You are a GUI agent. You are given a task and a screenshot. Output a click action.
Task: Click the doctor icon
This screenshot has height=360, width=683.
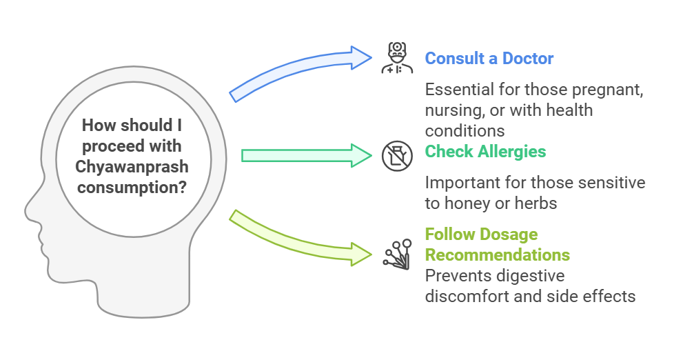pos(397,58)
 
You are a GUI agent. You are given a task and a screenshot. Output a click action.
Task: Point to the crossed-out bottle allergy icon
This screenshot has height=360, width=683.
pos(397,156)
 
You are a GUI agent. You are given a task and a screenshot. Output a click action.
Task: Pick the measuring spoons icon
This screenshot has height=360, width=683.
pos(397,254)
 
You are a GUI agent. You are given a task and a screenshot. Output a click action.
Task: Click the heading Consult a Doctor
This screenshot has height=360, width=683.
pos(489,59)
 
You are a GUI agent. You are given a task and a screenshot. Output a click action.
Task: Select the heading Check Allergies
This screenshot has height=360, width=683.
pos(485,152)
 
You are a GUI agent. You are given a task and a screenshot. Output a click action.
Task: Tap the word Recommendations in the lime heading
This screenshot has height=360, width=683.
pos(498,255)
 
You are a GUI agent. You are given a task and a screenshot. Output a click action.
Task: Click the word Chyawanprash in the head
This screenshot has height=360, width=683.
pos(132,167)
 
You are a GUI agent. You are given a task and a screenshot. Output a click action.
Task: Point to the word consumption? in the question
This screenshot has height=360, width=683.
pos(132,188)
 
